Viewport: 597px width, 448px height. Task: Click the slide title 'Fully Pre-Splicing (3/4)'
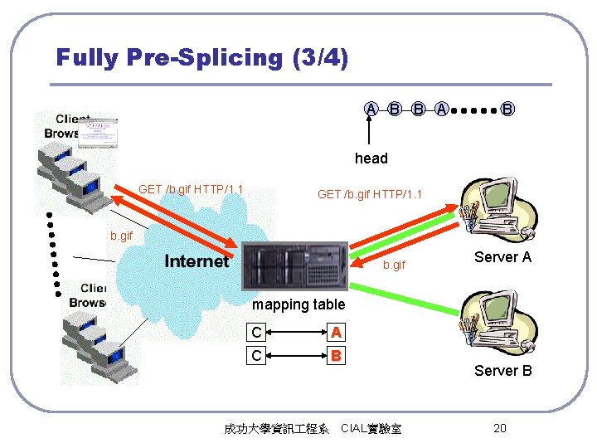click(201, 57)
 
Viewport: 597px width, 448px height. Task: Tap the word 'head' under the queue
click(371, 158)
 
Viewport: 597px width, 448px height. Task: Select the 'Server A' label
click(502, 257)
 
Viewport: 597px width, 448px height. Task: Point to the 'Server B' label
click(502, 370)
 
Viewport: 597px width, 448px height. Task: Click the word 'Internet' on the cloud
click(197, 261)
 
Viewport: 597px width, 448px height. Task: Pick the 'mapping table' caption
click(298, 304)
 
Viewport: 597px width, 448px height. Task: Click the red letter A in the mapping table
click(336, 333)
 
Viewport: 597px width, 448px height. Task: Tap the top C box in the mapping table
click(257, 333)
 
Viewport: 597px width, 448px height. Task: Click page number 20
click(499, 428)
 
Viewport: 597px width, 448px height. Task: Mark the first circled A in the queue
click(372, 109)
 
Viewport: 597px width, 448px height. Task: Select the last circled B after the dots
click(507, 109)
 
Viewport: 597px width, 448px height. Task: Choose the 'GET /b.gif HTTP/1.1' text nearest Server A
click(370, 195)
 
